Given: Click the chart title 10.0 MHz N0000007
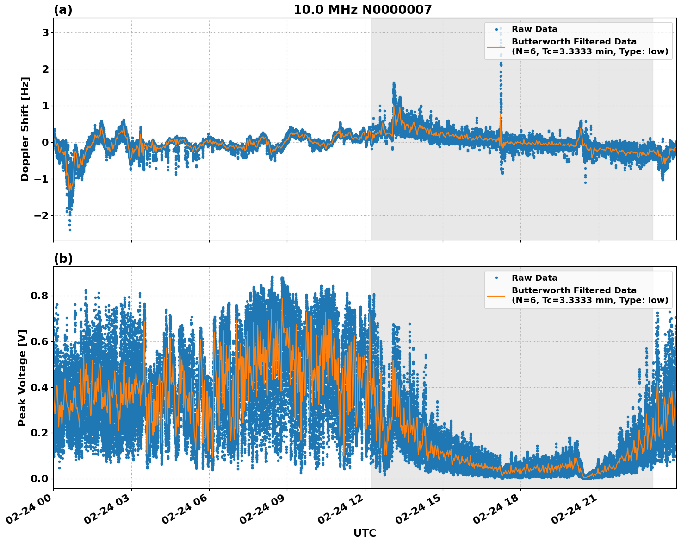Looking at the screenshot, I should (x=362, y=10).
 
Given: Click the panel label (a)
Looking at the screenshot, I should (x=63, y=10).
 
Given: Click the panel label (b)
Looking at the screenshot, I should (x=63, y=259).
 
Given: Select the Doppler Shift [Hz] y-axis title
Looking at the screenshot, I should (x=25, y=129).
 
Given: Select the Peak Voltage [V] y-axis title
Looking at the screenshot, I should (x=22, y=378).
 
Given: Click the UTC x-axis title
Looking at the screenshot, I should (x=365, y=533).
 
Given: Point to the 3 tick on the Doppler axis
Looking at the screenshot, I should (x=45, y=32).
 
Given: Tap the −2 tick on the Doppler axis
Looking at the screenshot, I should (x=42, y=216).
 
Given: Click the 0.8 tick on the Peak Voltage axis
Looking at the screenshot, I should (x=40, y=296).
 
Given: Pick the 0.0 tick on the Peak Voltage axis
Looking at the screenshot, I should (x=40, y=479).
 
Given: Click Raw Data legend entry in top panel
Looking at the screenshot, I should (x=534, y=29).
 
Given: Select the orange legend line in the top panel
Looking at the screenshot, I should (x=496, y=47).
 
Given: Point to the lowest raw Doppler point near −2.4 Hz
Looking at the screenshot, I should (x=70, y=230).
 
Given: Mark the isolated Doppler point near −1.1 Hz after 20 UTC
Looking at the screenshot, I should (x=585, y=183).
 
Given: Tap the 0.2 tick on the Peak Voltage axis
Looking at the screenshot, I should (x=40, y=433).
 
